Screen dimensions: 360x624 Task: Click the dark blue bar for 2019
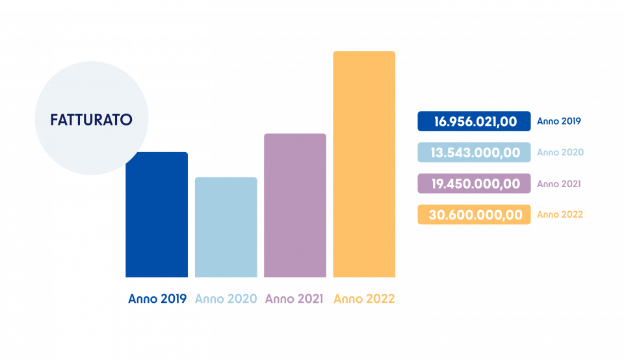(157, 221)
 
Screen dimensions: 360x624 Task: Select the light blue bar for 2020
(226, 227)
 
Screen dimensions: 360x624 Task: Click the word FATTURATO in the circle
(92, 120)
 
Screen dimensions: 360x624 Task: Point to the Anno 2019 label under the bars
(157, 299)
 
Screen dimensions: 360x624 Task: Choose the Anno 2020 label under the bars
(226, 299)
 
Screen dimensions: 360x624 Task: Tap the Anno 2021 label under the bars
(295, 299)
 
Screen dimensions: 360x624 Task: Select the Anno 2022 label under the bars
(364, 299)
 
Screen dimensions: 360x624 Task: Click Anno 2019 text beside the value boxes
(558, 121)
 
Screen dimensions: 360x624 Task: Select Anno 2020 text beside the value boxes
(560, 152)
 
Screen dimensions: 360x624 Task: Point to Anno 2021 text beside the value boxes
(558, 184)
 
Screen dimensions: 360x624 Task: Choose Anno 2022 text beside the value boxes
(560, 214)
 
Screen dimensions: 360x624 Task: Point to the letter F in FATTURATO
(55, 120)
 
